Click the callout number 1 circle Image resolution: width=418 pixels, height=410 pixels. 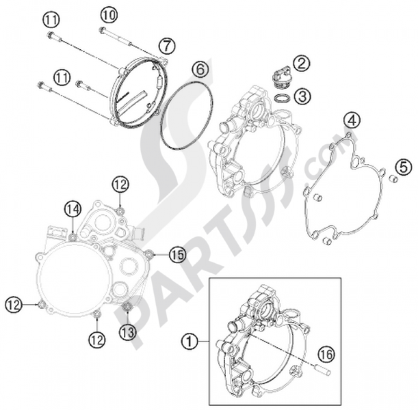click(190, 342)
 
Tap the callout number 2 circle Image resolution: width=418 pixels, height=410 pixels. click(301, 64)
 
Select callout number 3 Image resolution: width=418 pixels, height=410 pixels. click(302, 96)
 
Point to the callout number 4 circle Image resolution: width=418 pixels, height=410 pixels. click(352, 121)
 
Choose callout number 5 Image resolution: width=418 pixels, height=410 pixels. click(403, 167)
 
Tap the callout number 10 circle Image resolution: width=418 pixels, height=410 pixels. click(108, 15)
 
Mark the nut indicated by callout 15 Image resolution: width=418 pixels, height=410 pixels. click(149, 253)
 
